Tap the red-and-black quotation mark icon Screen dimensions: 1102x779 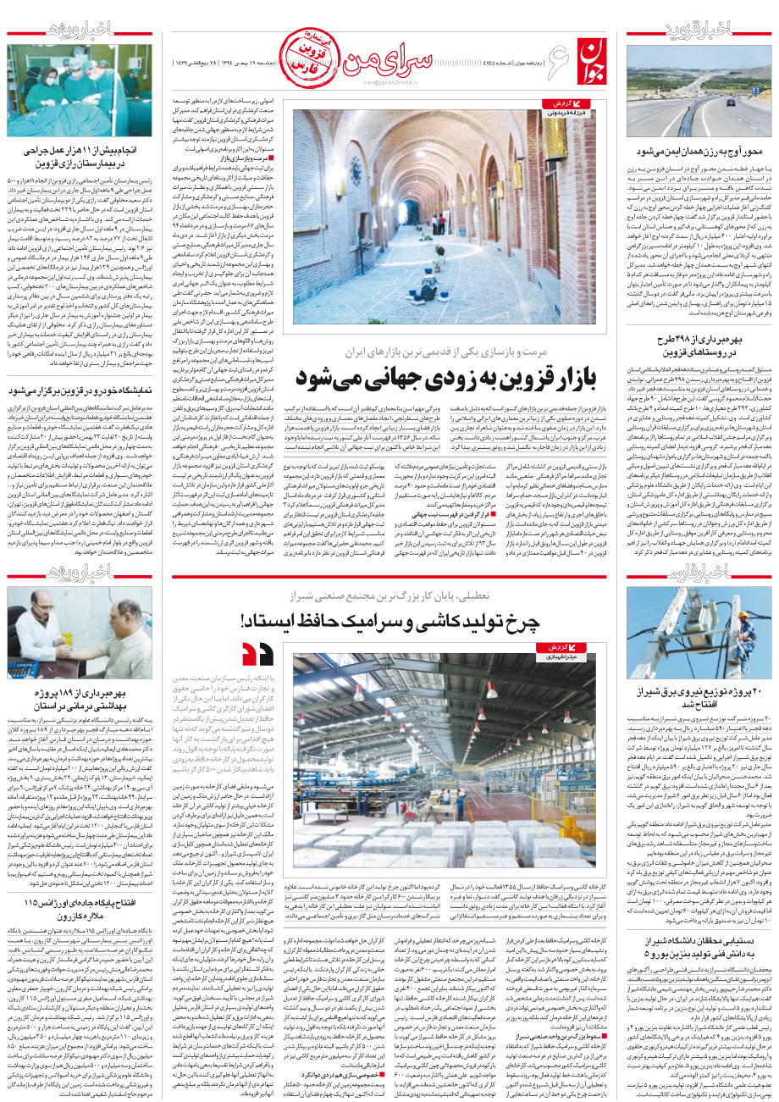257,653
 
